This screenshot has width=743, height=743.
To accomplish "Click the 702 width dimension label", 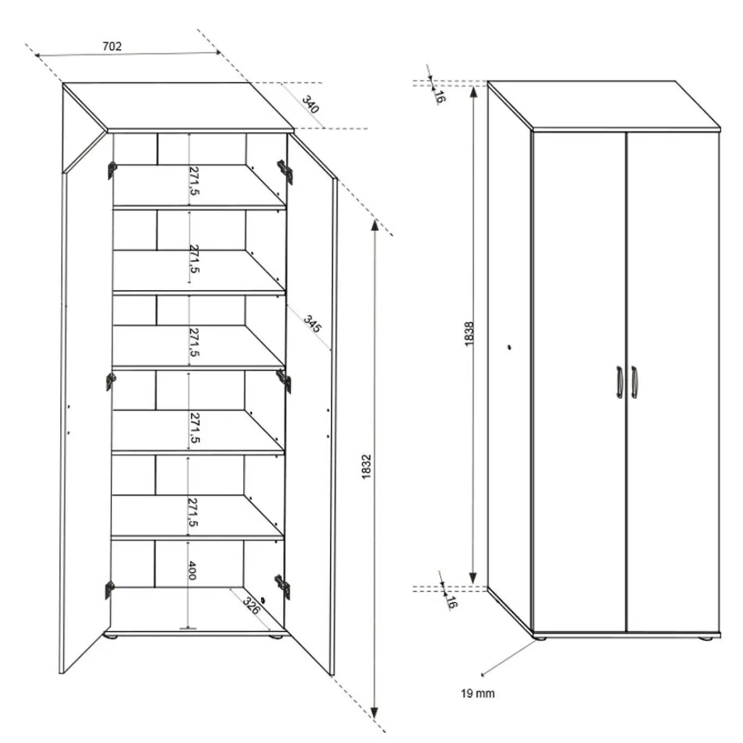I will [x=111, y=46].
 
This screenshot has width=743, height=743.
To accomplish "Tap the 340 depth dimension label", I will [x=310, y=104].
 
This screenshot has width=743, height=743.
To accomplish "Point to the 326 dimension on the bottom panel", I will [x=252, y=606].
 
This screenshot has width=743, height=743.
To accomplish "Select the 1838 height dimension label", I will [x=469, y=334].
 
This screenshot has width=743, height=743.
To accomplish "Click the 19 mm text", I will [x=477, y=694].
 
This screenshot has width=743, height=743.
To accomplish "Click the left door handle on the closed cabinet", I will [x=619, y=382].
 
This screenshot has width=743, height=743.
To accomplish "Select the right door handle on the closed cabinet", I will [x=634, y=382].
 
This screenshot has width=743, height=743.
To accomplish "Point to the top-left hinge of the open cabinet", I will [x=112, y=170].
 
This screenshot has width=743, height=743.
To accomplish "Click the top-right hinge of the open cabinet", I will [x=285, y=171].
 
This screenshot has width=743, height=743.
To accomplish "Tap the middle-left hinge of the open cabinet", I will [x=110, y=380].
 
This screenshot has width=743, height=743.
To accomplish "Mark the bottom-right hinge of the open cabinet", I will [x=282, y=586].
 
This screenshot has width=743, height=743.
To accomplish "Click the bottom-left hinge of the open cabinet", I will [x=110, y=589].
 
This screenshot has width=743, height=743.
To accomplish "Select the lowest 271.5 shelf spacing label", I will [x=193, y=512].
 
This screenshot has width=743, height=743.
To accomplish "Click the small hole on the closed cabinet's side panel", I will [x=510, y=348].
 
